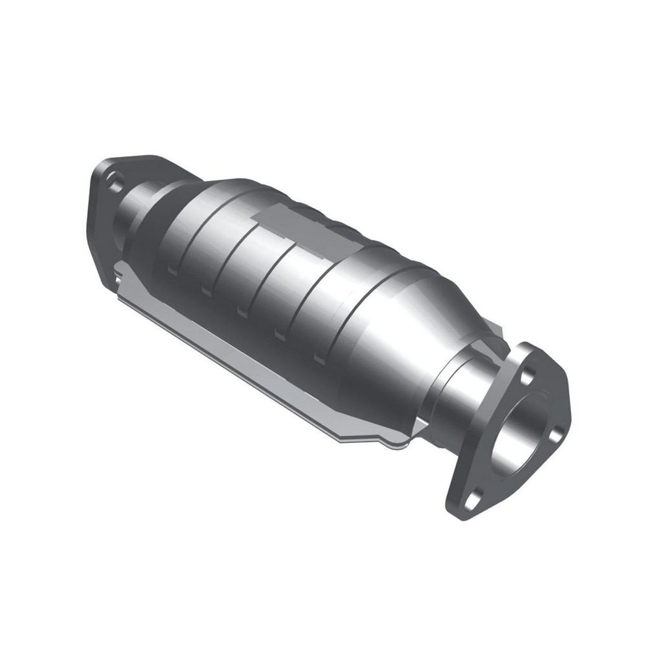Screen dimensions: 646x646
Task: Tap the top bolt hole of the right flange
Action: tap(528, 374)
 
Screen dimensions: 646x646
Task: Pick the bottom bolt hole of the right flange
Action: tap(473, 498)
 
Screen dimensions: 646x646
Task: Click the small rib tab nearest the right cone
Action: tap(319, 357)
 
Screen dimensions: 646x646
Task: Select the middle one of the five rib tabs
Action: tap(242, 313)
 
